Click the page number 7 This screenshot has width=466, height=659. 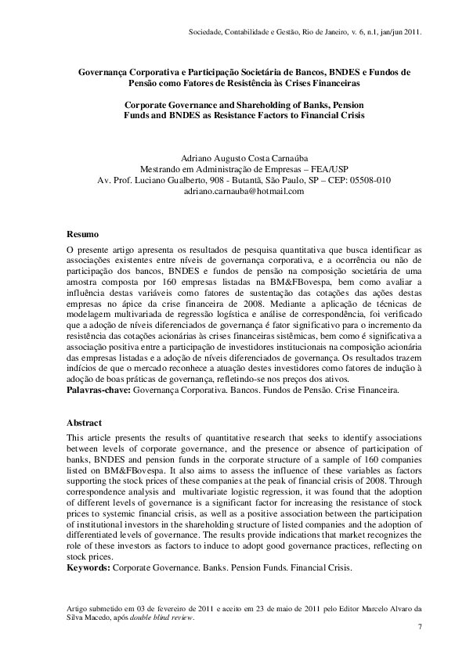420,627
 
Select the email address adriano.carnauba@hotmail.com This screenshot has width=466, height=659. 233,190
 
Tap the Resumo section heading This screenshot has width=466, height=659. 82,234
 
